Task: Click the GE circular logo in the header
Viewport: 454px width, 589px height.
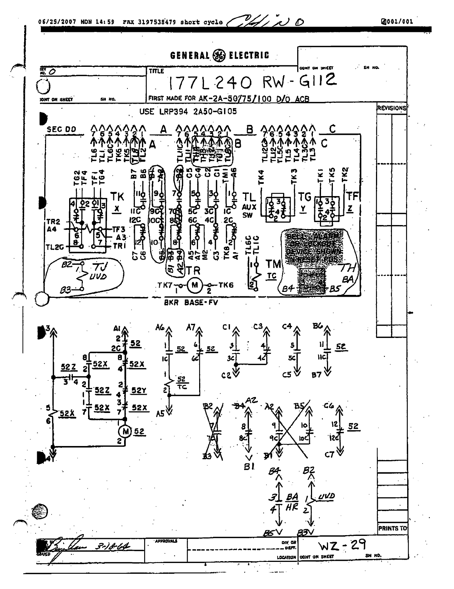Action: pos(219,56)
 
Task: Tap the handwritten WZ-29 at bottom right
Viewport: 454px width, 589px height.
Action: pos(342,545)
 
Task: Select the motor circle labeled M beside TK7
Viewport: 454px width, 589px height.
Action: pos(194,285)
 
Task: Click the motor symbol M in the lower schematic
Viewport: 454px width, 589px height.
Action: pos(125,431)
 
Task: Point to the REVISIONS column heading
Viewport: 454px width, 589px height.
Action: pos(392,108)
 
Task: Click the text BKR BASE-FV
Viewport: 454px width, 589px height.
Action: pos(191,302)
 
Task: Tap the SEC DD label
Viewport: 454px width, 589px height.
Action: pos(61,129)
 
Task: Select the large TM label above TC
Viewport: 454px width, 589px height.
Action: pos(273,264)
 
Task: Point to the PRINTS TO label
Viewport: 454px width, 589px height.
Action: pos(392,528)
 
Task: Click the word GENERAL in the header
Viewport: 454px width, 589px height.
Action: pos(190,56)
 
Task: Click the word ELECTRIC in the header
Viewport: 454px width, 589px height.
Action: pos(249,56)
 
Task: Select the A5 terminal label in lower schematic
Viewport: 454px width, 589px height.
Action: pos(160,413)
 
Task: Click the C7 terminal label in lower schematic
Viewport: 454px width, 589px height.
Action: pos(329,454)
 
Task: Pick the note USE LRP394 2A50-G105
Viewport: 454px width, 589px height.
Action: pos(188,111)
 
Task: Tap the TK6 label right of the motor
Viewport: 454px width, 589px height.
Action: pos(226,285)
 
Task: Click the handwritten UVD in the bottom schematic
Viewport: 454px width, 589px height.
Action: pos(327,496)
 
